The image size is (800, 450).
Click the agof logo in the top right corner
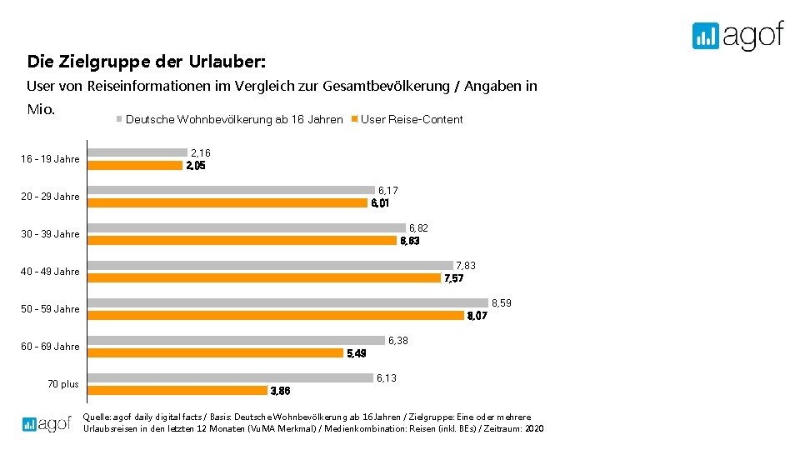pyautogui.click(x=737, y=36)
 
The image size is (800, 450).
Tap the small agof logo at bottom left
pyautogui.click(x=47, y=423)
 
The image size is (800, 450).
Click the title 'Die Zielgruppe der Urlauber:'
pyautogui.click(x=147, y=62)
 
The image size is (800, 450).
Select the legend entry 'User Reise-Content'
pyautogui.click(x=411, y=119)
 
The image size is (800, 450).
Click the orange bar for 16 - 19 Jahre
pyautogui.click(x=135, y=165)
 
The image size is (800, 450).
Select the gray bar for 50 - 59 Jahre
pyautogui.click(x=288, y=302)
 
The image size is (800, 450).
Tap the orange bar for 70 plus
pyautogui.click(x=177, y=390)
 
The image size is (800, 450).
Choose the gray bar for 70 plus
pyautogui.click(x=231, y=377)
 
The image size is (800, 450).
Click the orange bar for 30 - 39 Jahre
pyautogui.click(x=242, y=240)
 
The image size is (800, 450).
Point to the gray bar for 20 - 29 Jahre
pyautogui.click(x=232, y=190)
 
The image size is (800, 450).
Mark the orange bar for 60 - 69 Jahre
pyautogui.click(x=216, y=352)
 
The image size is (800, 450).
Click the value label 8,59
pyautogui.click(x=502, y=303)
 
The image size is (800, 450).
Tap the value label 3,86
pyautogui.click(x=281, y=391)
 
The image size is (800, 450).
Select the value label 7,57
pyautogui.click(x=454, y=278)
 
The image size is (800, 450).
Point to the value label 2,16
pyautogui.click(x=201, y=153)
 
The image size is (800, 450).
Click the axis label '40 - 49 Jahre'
pyautogui.click(x=51, y=272)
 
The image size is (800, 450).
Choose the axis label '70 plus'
pyautogui.click(x=64, y=384)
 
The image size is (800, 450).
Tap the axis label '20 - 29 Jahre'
pyautogui.click(x=51, y=197)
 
